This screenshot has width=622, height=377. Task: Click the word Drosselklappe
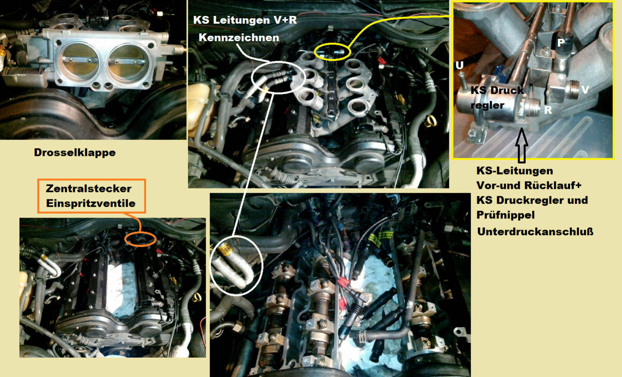75,153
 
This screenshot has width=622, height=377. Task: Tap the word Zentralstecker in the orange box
89,189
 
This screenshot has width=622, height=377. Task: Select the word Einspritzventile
91,204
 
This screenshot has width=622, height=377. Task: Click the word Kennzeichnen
239,38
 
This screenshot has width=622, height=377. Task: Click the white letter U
460,65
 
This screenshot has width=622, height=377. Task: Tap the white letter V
585,90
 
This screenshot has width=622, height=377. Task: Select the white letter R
548,110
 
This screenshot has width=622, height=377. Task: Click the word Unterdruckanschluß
535,232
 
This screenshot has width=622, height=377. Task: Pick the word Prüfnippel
506,215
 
